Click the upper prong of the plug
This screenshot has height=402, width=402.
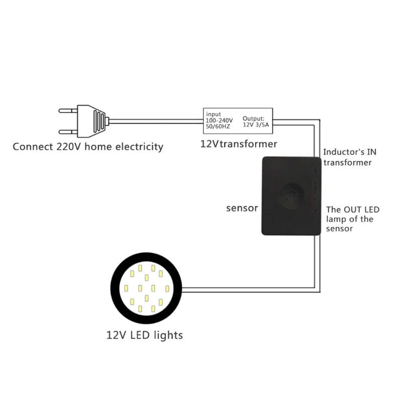click(x=68, y=111)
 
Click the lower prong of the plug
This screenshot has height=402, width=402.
click(x=68, y=132)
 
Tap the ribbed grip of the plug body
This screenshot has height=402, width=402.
click(x=99, y=121)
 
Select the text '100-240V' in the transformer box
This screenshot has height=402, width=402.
click(x=219, y=120)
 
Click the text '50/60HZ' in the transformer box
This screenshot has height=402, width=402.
click(x=218, y=127)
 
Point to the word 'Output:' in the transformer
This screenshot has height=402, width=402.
click(x=253, y=119)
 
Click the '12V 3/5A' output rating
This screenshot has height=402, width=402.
click(x=256, y=125)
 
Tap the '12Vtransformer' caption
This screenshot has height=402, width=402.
click(x=239, y=144)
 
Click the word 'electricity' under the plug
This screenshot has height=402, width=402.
click(x=139, y=147)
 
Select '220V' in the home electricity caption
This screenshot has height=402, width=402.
click(x=68, y=147)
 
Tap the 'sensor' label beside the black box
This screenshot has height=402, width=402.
click(x=242, y=208)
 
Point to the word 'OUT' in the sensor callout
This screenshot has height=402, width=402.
click(x=353, y=210)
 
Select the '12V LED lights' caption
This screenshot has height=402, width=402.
click(x=145, y=335)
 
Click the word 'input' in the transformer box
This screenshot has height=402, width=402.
click(x=213, y=115)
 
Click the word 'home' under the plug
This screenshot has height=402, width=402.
click(x=98, y=147)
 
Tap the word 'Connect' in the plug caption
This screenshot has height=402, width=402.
click(x=33, y=147)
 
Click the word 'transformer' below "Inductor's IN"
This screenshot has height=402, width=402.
click(x=347, y=162)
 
